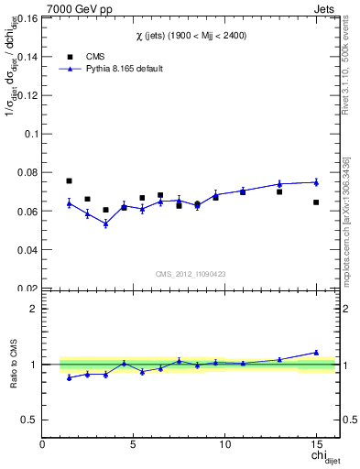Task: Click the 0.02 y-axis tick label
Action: pyautogui.click(x=27, y=288)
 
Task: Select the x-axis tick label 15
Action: pyautogui.click(x=316, y=445)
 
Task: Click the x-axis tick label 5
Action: pyautogui.click(x=134, y=445)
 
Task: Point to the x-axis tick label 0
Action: pyautogui.click(x=42, y=445)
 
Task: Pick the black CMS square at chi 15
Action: pyautogui.click(x=316, y=202)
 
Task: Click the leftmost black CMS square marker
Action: pyautogui.click(x=69, y=181)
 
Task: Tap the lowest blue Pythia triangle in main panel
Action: pyautogui.click(x=105, y=224)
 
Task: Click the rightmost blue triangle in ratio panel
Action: pyautogui.click(x=316, y=352)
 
